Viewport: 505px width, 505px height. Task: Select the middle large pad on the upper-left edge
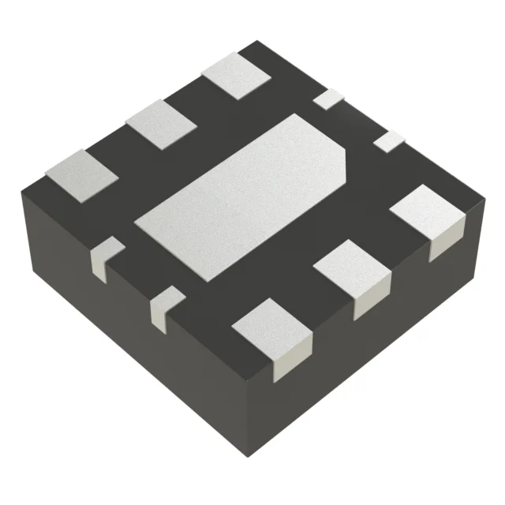click(163, 125)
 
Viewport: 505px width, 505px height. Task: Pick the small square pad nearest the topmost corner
click(329, 99)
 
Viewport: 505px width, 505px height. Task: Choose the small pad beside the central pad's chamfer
click(387, 141)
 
